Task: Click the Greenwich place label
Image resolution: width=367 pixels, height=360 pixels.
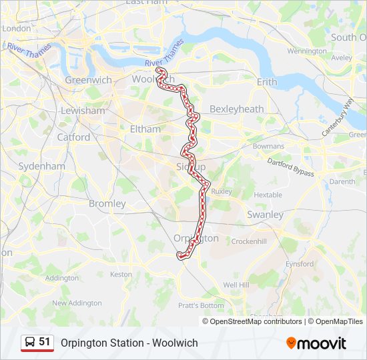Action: pos(88,80)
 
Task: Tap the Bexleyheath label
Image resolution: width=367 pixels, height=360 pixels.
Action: pos(236,109)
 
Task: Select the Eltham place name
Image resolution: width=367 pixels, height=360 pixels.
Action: pos(145,129)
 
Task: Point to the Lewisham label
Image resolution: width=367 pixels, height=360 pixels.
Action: pos(83,111)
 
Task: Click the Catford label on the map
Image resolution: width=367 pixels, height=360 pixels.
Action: pos(73,137)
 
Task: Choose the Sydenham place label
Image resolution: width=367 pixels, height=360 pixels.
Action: pos(41,166)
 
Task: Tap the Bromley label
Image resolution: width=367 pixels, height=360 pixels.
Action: pos(107,203)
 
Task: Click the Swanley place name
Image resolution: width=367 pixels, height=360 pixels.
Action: pos(265,215)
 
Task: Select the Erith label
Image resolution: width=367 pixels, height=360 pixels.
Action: pos(267,82)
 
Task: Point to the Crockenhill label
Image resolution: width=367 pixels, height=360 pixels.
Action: pos(249,241)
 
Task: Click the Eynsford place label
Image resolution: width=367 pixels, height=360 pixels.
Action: pos(299,264)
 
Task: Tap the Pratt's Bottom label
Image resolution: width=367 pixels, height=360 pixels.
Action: pos(201,305)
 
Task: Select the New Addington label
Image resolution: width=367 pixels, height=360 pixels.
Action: pos(77,303)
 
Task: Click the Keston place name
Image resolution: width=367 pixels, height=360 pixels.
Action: pos(121,274)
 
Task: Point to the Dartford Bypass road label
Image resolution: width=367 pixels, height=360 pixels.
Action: pos(290,167)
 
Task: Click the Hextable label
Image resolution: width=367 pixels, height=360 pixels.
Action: pos(268,195)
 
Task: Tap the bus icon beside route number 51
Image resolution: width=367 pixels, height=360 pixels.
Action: pos(30,343)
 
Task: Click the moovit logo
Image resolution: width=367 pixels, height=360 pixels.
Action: pos(316,343)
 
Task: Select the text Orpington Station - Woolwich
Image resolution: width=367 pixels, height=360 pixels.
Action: pos(129,343)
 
